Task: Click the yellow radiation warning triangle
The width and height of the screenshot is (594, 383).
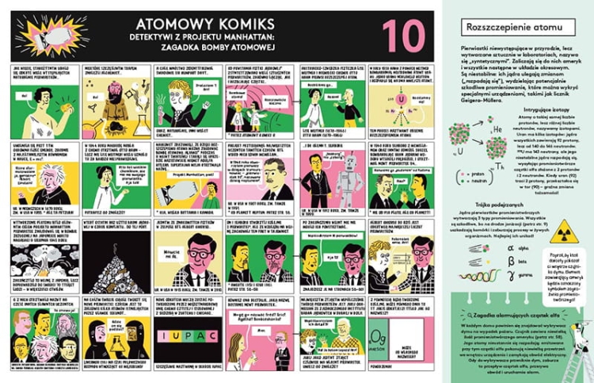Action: tap(563, 231)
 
